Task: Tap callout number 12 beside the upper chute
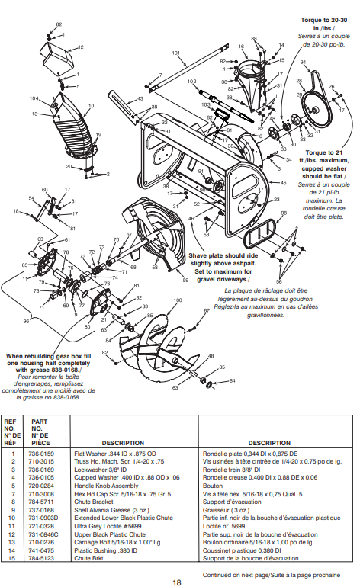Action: coord(80,47)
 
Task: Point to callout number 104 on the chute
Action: coord(34,98)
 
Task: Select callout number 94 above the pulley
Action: coord(303,62)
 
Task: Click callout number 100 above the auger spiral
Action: coord(177,300)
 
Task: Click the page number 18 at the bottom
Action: coord(176,581)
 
